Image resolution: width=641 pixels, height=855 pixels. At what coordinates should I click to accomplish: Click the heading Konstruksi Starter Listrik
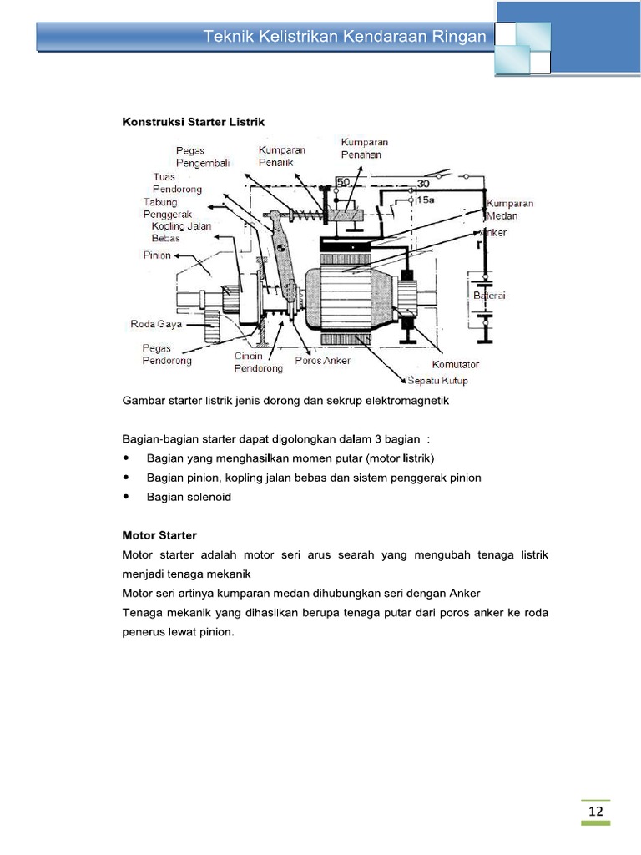click(193, 122)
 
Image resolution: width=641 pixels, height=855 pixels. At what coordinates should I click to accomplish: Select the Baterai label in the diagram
click(491, 296)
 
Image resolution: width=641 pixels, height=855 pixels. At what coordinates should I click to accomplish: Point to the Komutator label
click(456, 364)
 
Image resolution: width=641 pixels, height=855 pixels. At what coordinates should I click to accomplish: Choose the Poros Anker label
click(323, 361)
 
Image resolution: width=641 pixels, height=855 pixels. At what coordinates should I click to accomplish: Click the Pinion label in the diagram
click(156, 255)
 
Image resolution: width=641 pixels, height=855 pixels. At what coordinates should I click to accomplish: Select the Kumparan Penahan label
click(365, 149)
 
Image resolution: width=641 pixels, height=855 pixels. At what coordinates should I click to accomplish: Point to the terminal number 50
click(343, 182)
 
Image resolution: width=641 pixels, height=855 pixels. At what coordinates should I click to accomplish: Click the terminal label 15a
click(424, 201)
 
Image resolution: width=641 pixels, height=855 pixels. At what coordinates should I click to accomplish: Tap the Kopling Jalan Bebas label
click(181, 232)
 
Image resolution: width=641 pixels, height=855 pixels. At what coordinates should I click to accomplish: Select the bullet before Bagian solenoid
click(126, 497)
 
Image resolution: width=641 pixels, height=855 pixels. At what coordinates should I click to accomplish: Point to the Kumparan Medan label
click(510, 210)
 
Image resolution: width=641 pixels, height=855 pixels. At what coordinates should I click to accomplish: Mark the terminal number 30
click(424, 182)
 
